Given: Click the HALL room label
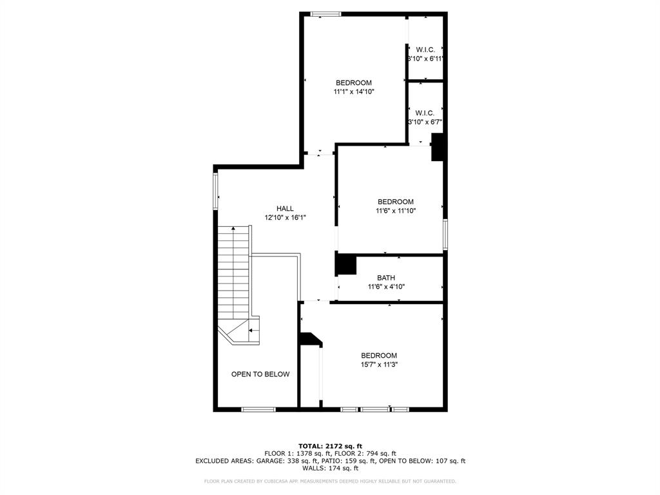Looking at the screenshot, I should [285, 208].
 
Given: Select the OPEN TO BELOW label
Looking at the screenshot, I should [260, 374].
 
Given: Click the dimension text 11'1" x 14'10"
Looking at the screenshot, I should [354, 92].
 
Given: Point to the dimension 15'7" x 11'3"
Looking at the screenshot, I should [378, 364].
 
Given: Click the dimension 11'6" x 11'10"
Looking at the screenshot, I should [396, 211].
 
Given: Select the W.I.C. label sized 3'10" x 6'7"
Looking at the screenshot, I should [425, 113].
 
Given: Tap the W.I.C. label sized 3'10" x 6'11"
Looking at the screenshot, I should [425, 50].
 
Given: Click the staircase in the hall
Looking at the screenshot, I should [233, 271].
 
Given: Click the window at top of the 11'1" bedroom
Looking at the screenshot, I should [325, 14].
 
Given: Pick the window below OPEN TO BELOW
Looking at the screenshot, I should [258, 409].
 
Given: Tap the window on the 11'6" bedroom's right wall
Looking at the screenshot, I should [445, 234].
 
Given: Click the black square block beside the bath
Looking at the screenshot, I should [346, 264].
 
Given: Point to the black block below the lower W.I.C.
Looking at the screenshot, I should [438, 146].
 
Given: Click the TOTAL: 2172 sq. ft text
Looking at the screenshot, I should [330, 446].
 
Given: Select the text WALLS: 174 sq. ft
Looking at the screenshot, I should [330, 469].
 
